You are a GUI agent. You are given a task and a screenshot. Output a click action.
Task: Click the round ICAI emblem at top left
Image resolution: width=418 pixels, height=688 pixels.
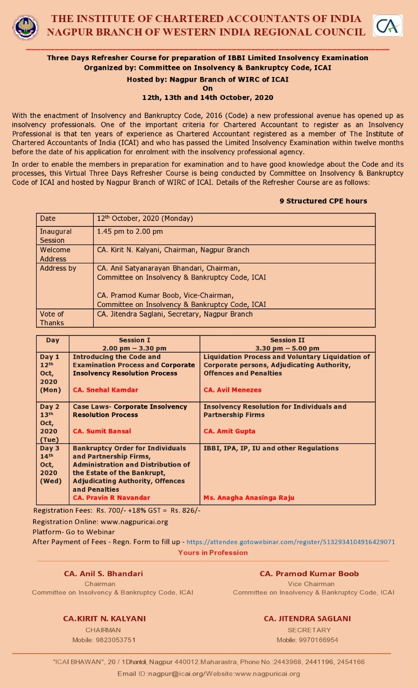point(26,27)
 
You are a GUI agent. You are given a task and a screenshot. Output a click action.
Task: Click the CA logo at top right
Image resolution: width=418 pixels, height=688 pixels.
point(388,26)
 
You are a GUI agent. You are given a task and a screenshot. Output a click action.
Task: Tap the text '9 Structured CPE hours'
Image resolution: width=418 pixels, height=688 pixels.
point(323,201)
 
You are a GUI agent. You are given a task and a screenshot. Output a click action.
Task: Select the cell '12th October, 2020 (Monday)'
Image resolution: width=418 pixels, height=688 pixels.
point(145,219)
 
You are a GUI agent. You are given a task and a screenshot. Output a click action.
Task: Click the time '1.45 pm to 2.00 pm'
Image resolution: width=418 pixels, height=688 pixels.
point(130,232)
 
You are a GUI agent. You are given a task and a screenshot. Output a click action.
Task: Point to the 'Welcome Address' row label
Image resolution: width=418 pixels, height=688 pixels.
point(55,254)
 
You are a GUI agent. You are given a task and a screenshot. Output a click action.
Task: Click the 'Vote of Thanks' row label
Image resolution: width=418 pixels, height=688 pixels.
point(52,318)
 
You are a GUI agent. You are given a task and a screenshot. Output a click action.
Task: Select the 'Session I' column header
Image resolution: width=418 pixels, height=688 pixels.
point(134,340)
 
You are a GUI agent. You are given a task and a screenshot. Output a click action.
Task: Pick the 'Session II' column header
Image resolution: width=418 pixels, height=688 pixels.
point(287,340)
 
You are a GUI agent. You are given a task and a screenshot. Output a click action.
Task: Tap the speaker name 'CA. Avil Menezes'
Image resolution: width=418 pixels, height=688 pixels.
point(232,390)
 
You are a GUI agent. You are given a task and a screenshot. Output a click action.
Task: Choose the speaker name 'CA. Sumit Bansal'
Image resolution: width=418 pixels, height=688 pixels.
point(102,431)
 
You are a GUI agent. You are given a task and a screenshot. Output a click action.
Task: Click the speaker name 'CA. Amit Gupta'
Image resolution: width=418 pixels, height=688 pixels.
point(229,431)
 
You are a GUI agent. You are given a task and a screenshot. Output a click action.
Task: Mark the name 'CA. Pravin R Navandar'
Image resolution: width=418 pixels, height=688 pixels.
point(111,498)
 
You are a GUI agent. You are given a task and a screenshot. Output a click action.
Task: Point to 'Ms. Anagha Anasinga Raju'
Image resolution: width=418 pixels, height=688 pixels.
point(249,498)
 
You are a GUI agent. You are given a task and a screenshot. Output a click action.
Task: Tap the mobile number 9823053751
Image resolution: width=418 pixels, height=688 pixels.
point(104,640)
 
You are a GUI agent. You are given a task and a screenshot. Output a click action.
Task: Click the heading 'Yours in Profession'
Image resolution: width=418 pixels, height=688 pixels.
point(213,553)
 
